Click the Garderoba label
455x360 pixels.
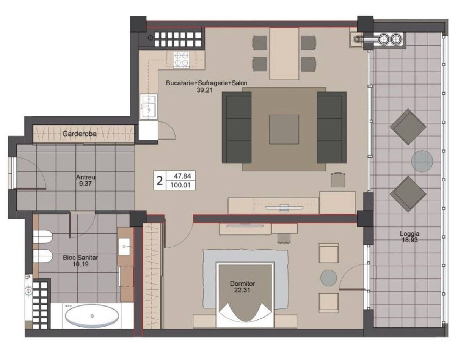[x=80, y=134]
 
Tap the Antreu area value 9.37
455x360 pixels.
[x=85, y=184]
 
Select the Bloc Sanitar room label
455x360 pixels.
[x=80, y=258]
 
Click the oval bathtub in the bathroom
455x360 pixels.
[x=92, y=316]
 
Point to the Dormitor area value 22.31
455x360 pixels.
[x=242, y=290]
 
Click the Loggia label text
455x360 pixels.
[x=409, y=234]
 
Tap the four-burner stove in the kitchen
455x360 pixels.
[x=181, y=60]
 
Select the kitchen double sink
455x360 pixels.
[x=149, y=107]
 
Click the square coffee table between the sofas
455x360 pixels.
[x=284, y=129]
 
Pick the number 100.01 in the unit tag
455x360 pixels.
[x=180, y=185]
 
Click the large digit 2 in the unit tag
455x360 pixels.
[x=160, y=181]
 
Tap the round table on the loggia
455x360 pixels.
[x=422, y=161]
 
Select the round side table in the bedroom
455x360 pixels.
[x=329, y=278]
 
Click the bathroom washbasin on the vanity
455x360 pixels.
[x=124, y=247]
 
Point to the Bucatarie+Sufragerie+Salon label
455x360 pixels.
[x=207, y=83]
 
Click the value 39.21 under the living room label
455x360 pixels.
[x=204, y=90]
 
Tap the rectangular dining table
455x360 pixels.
[x=284, y=54]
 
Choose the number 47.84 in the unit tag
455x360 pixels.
[x=182, y=176]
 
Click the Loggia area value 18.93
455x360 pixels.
[x=409, y=240]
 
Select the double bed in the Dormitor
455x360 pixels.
[x=245, y=294]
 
